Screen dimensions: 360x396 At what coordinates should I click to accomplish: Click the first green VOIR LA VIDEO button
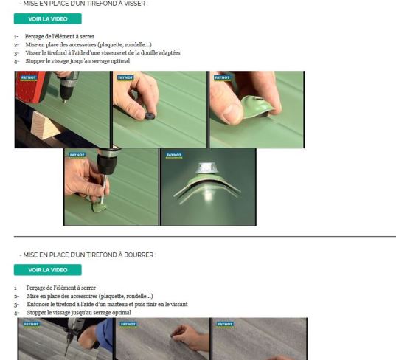(47, 19)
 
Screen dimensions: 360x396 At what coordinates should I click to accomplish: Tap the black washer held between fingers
(150, 116)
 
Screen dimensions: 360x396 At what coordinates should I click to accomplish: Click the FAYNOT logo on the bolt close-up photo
(174, 156)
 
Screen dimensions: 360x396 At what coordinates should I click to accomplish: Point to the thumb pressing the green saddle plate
(230, 112)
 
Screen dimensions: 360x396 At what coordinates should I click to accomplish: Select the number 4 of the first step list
(15, 61)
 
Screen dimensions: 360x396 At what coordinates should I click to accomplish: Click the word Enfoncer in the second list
(37, 304)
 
